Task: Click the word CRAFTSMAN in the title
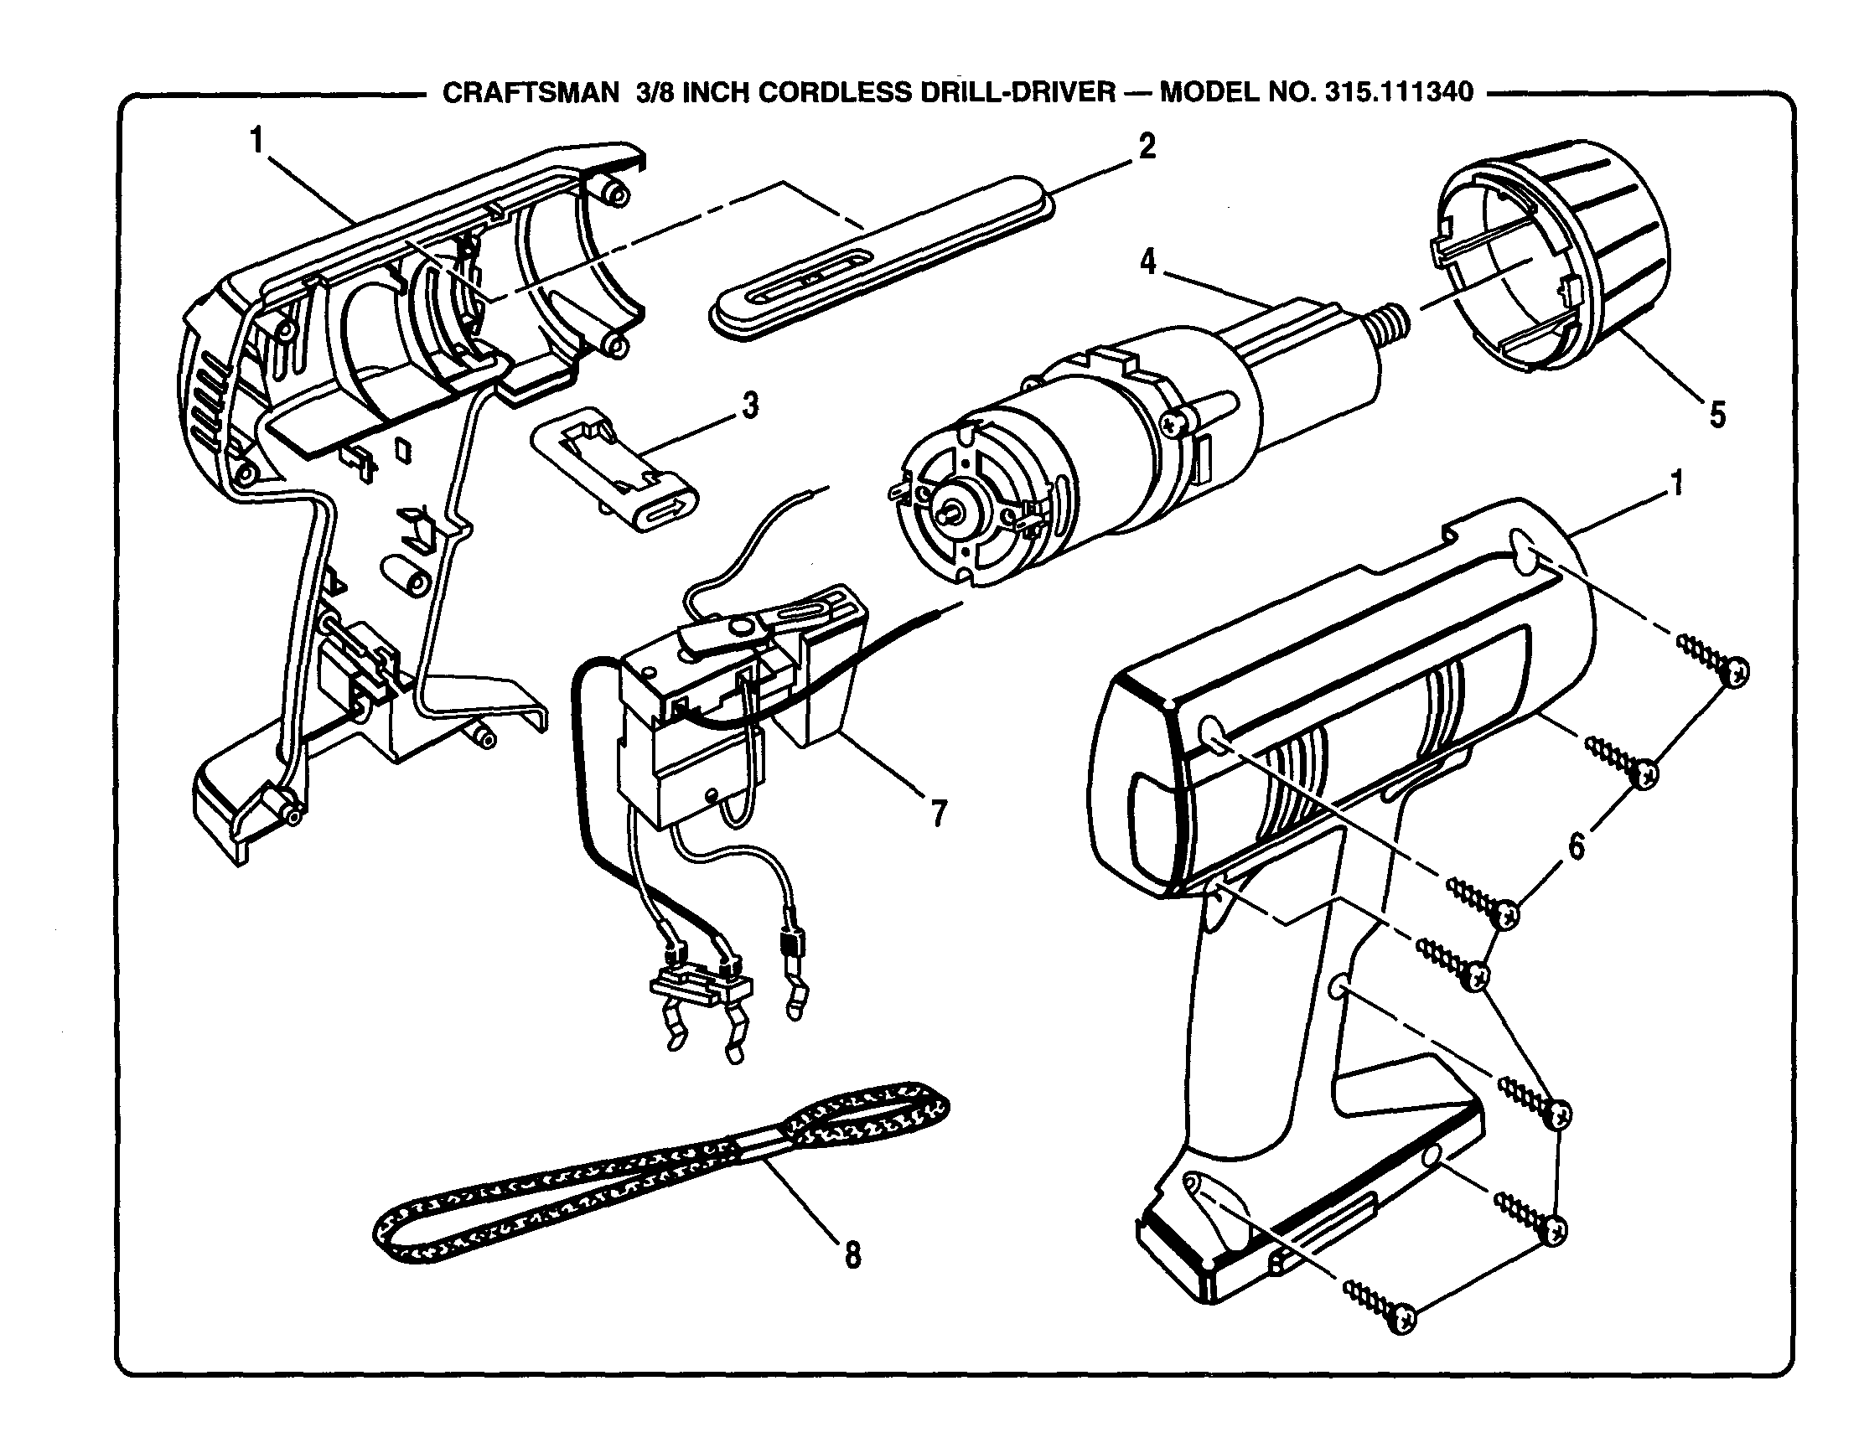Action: tap(530, 92)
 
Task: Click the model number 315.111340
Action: tap(1399, 92)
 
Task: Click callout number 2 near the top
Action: tap(1147, 147)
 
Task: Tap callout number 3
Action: tap(749, 406)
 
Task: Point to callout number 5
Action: tap(1716, 416)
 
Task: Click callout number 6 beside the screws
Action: tap(1576, 846)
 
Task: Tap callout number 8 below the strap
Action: tap(852, 1254)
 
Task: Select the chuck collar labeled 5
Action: tap(1553, 256)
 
